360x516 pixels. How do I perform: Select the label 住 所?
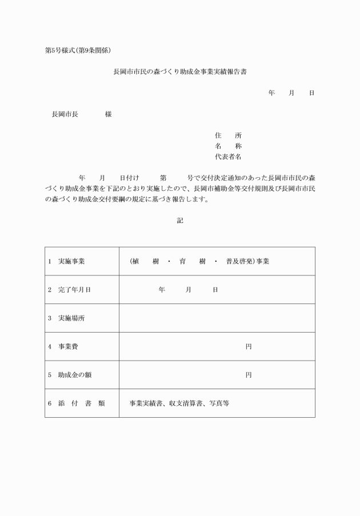tap(228, 135)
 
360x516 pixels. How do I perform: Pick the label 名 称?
tap(228, 146)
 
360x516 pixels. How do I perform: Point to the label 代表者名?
tap(228, 156)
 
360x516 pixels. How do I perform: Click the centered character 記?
tap(180, 221)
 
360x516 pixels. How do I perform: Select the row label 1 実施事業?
tap(67, 261)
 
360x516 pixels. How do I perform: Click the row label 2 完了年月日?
tap(70, 290)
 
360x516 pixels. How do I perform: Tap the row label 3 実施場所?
tap(67, 318)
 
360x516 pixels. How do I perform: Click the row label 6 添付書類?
tap(76, 403)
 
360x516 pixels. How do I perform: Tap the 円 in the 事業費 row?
tap(249, 346)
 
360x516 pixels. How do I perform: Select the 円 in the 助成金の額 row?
tap(249, 375)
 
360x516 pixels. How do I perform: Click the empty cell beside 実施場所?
tap(217, 318)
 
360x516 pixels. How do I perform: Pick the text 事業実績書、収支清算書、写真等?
tap(179, 403)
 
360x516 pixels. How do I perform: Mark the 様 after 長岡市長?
tap(108, 114)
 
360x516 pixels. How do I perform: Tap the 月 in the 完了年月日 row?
tap(189, 290)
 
